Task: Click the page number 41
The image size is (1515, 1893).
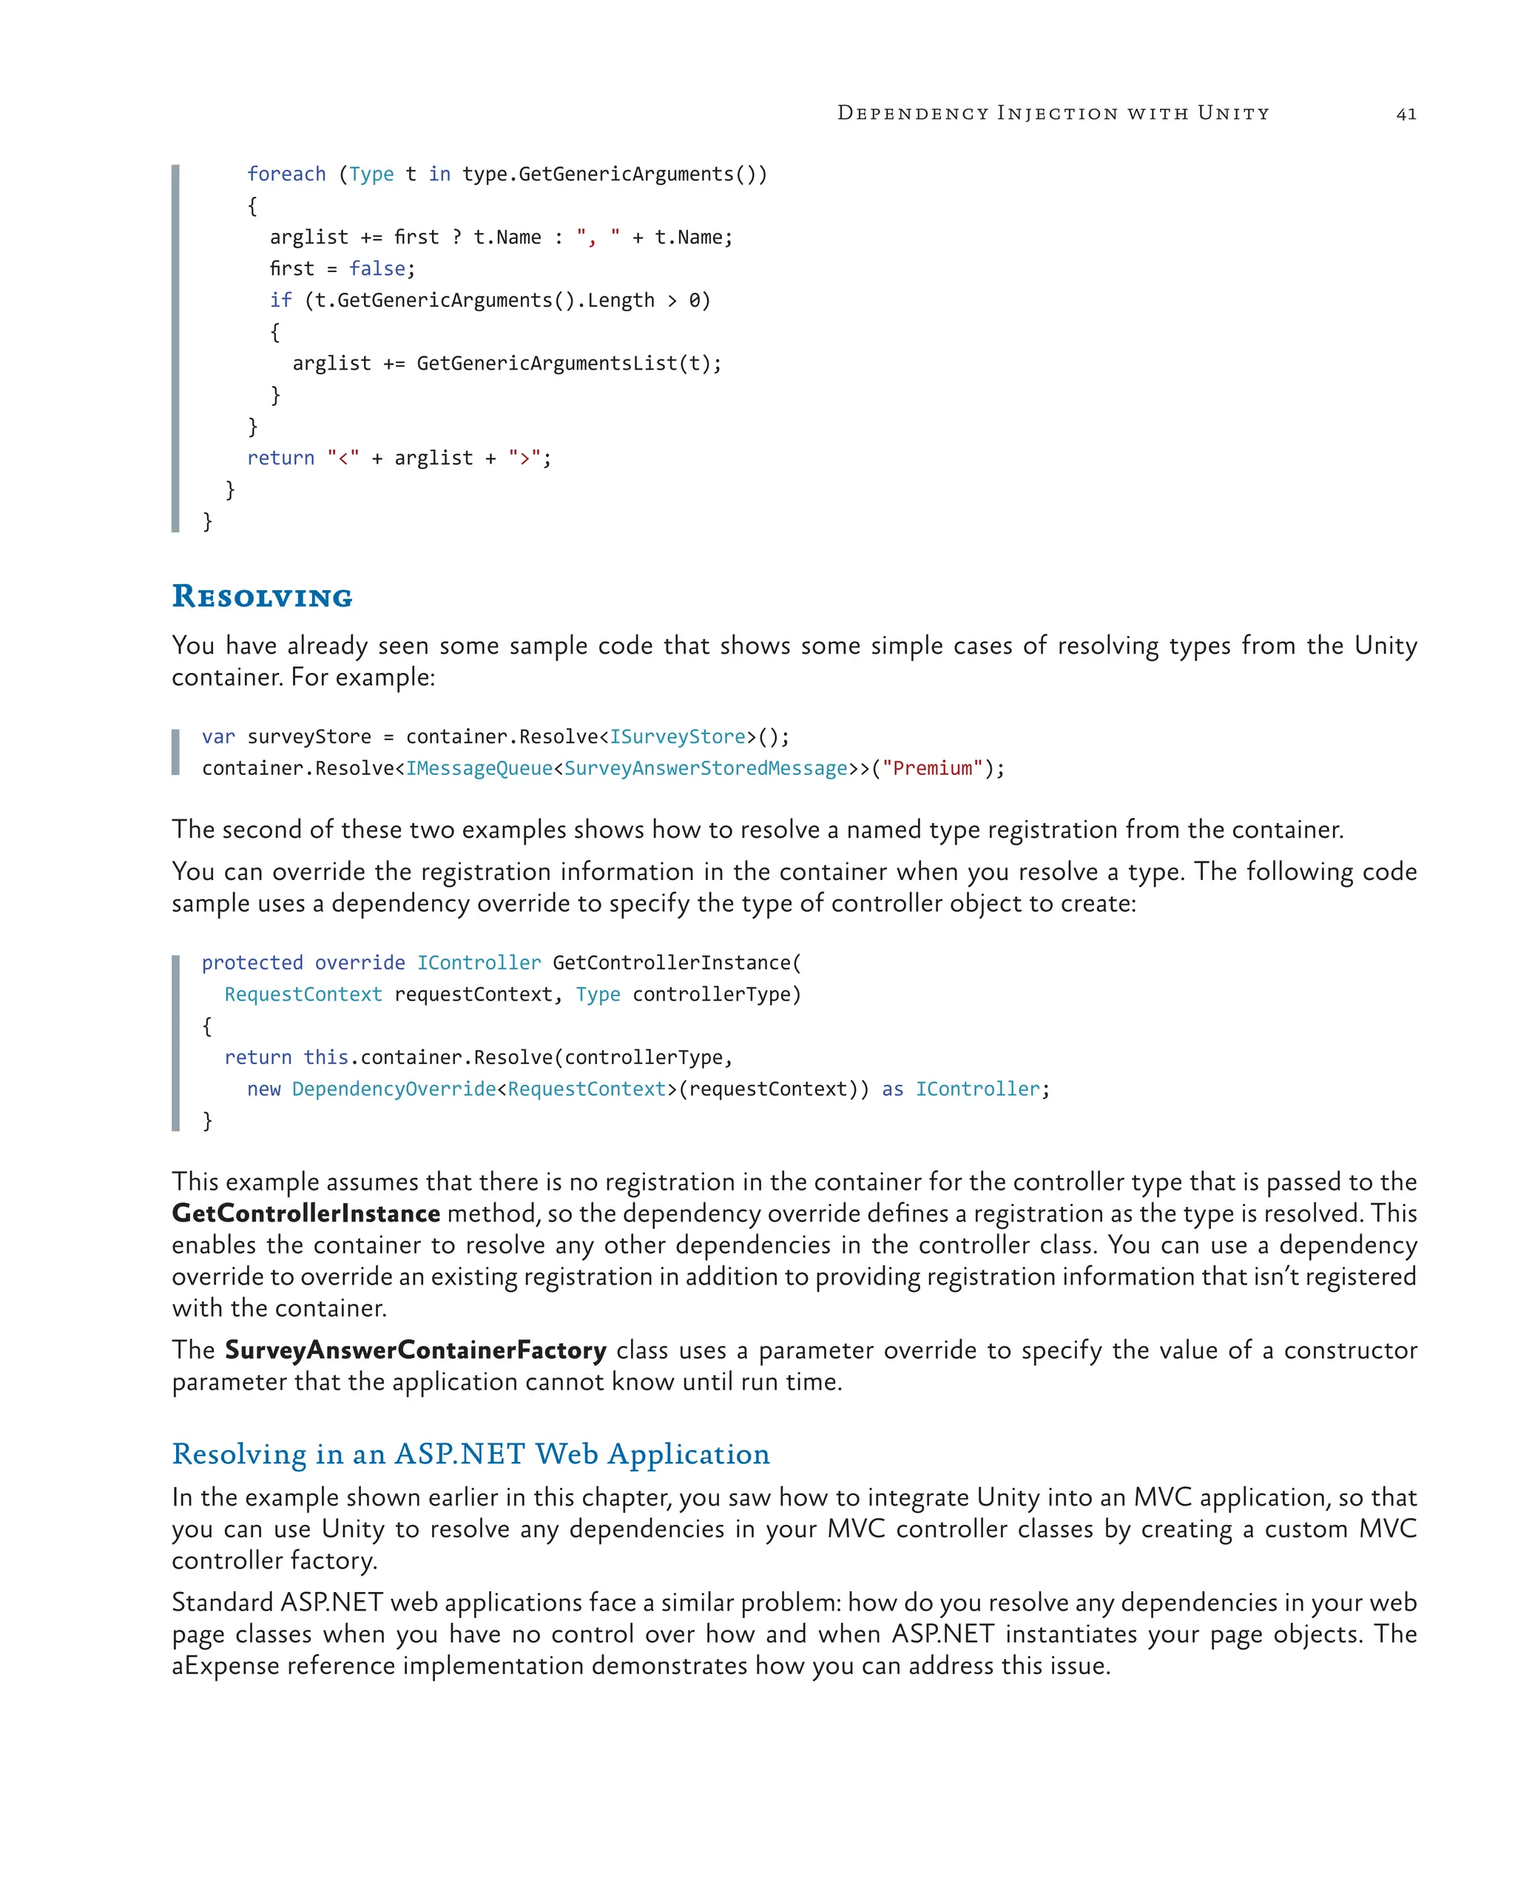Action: point(1406,114)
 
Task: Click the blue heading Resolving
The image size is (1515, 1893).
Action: point(262,596)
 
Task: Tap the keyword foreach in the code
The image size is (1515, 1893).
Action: point(286,174)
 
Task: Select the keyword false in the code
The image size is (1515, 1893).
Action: point(377,268)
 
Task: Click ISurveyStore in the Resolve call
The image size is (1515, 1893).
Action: point(677,736)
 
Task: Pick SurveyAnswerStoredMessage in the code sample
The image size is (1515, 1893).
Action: point(705,768)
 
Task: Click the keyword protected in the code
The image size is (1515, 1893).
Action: point(252,962)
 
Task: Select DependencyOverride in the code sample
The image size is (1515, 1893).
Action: point(394,1088)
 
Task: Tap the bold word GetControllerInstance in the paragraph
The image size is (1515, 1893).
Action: point(306,1213)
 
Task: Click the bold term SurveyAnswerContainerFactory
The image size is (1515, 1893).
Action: point(416,1350)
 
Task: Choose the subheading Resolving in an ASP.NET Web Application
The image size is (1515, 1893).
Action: point(470,1454)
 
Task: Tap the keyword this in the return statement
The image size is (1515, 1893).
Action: point(325,1057)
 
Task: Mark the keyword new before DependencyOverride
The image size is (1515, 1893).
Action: point(263,1088)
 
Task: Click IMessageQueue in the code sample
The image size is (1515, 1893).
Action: point(479,768)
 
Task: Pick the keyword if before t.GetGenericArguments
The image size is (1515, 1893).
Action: point(281,300)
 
